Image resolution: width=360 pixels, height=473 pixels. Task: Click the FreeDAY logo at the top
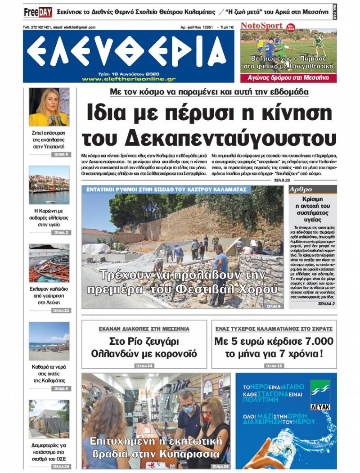pyautogui.click(x=38, y=12)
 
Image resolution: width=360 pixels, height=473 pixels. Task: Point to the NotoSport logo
pyautogui.click(x=261, y=26)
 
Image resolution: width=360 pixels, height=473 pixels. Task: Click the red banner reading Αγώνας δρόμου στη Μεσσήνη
pyautogui.click(x=288, y=77)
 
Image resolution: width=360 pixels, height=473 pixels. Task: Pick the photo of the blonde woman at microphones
pyautogui.click(x=49, y=107)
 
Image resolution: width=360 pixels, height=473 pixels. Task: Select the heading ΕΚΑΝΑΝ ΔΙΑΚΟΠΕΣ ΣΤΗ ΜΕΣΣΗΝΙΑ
pyautogui.click(x=144, y=329)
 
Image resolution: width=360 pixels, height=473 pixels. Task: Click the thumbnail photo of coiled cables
pyautogui.click(x=49, y=263)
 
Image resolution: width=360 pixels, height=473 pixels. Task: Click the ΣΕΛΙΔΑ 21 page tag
pyautogui.click(x=61, y=311)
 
